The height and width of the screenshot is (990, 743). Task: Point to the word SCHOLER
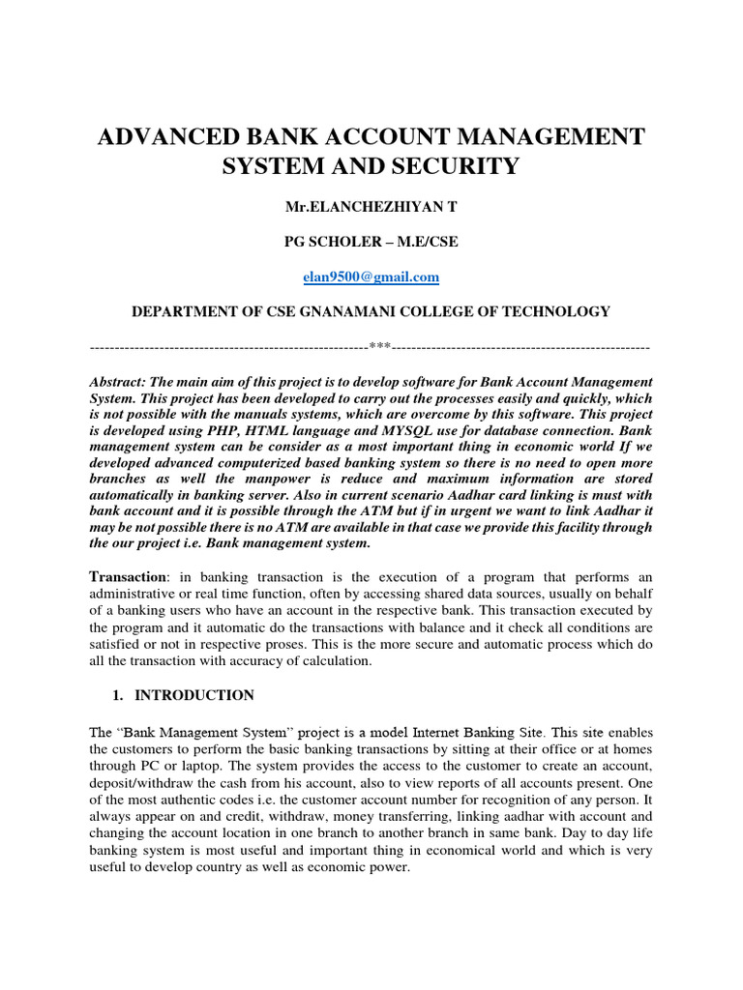358,242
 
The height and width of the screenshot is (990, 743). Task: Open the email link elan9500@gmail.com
371,277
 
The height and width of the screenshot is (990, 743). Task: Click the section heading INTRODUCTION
194,695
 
